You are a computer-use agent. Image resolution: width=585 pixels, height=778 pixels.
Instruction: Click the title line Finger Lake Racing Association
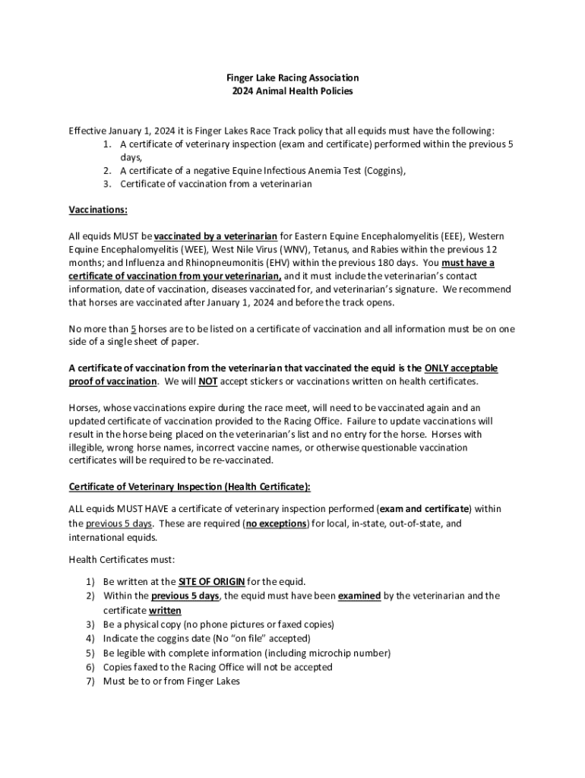tap(292, 77)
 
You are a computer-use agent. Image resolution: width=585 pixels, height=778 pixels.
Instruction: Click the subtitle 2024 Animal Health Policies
tap(292, 91)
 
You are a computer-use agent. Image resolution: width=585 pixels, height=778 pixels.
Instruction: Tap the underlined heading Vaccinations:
tap(98, 209)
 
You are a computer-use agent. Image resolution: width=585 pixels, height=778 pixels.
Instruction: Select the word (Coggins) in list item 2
tap(381, 171)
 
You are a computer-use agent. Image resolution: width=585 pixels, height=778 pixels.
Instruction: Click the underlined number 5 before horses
tap(134, 329)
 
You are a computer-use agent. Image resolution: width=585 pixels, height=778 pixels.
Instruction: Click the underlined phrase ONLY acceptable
tap(461, 368)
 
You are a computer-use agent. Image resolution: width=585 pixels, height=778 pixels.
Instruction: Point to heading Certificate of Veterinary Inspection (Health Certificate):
tap(189, 486)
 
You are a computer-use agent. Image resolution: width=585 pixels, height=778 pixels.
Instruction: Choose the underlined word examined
tap(359, 596)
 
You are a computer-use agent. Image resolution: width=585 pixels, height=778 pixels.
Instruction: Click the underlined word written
tap(165, 610)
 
